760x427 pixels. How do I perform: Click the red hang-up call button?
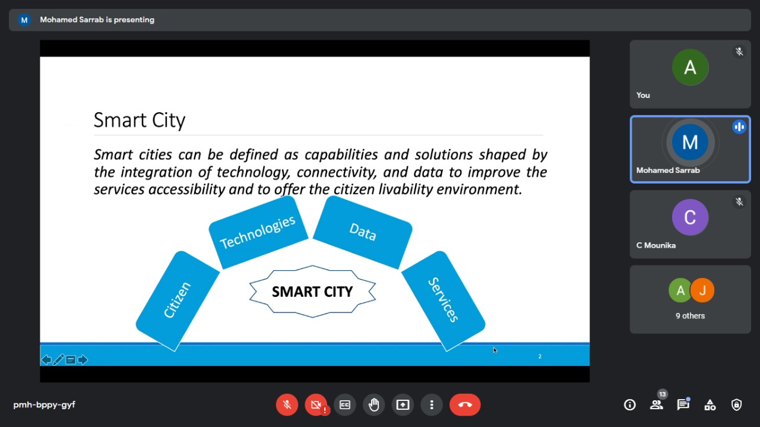click(x=465, y=404)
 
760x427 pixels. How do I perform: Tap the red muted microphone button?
click(x=287, y=404)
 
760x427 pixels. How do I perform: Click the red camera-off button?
click(x=316, y=404)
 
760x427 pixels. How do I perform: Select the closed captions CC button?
click(x=345, y=404)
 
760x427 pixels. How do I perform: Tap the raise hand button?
click(x=374, y=404)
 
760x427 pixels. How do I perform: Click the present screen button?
click(x=403, y=404)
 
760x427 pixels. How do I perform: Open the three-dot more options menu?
click(x=432, y=404)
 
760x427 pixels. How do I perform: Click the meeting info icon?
click(x=630, y=404)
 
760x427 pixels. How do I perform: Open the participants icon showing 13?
click(x=657, y=404)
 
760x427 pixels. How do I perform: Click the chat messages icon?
click(x=683, y=404)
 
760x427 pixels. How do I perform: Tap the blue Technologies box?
click(x=258, y=233)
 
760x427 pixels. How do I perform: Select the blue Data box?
click(x=363, y=232)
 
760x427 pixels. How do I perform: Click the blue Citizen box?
click(x=178, y=301)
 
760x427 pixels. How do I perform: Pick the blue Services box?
click(x=443, y=301)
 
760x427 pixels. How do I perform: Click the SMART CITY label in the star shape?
click(x=312, y=292)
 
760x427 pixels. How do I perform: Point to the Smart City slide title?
click(x=140, y=120)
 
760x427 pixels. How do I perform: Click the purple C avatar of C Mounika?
click(x=690, y=217)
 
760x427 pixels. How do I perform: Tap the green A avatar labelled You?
click(x=690, y=67)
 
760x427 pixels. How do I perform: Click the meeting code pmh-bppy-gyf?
click(x=44, y=404)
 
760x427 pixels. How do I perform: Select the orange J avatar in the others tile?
click(x=702, y=290)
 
